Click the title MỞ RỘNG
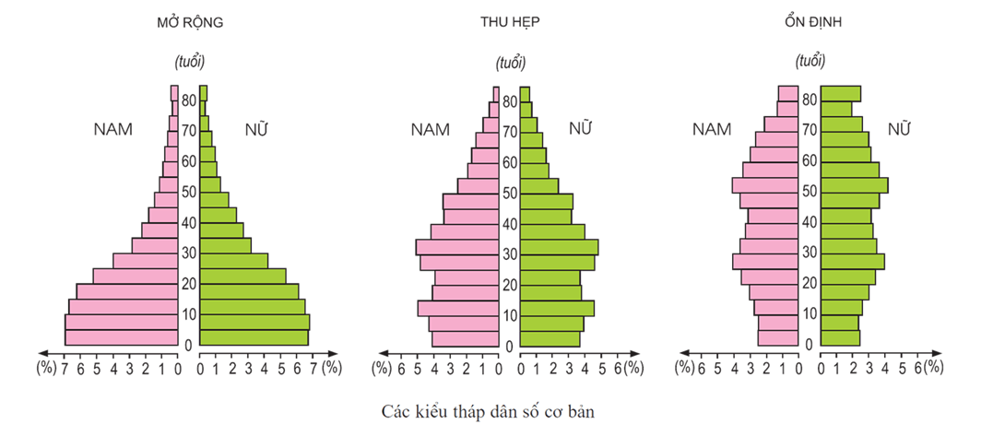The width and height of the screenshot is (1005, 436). (x=189, y=22)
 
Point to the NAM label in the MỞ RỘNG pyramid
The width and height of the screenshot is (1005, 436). (x=113, y=130)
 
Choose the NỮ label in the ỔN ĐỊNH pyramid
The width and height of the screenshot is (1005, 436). (x=898, y=130)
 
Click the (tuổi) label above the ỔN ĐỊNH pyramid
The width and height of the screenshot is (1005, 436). (x=809, y=61)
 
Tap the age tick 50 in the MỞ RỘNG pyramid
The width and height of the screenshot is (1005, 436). (x=188, y=192)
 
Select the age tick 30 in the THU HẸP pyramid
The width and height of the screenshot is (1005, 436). (x=508, y=253)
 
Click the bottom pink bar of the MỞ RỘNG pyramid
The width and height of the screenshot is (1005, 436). (x=121, y=337)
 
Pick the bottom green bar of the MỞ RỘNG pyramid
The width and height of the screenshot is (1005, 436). (x=254, y=337)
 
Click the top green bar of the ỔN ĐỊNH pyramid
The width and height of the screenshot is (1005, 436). (x=841, y=93)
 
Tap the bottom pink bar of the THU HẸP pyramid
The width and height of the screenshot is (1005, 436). (x=465, y=338)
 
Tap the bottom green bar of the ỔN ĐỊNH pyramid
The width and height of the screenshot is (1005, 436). (x=840, y=338)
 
